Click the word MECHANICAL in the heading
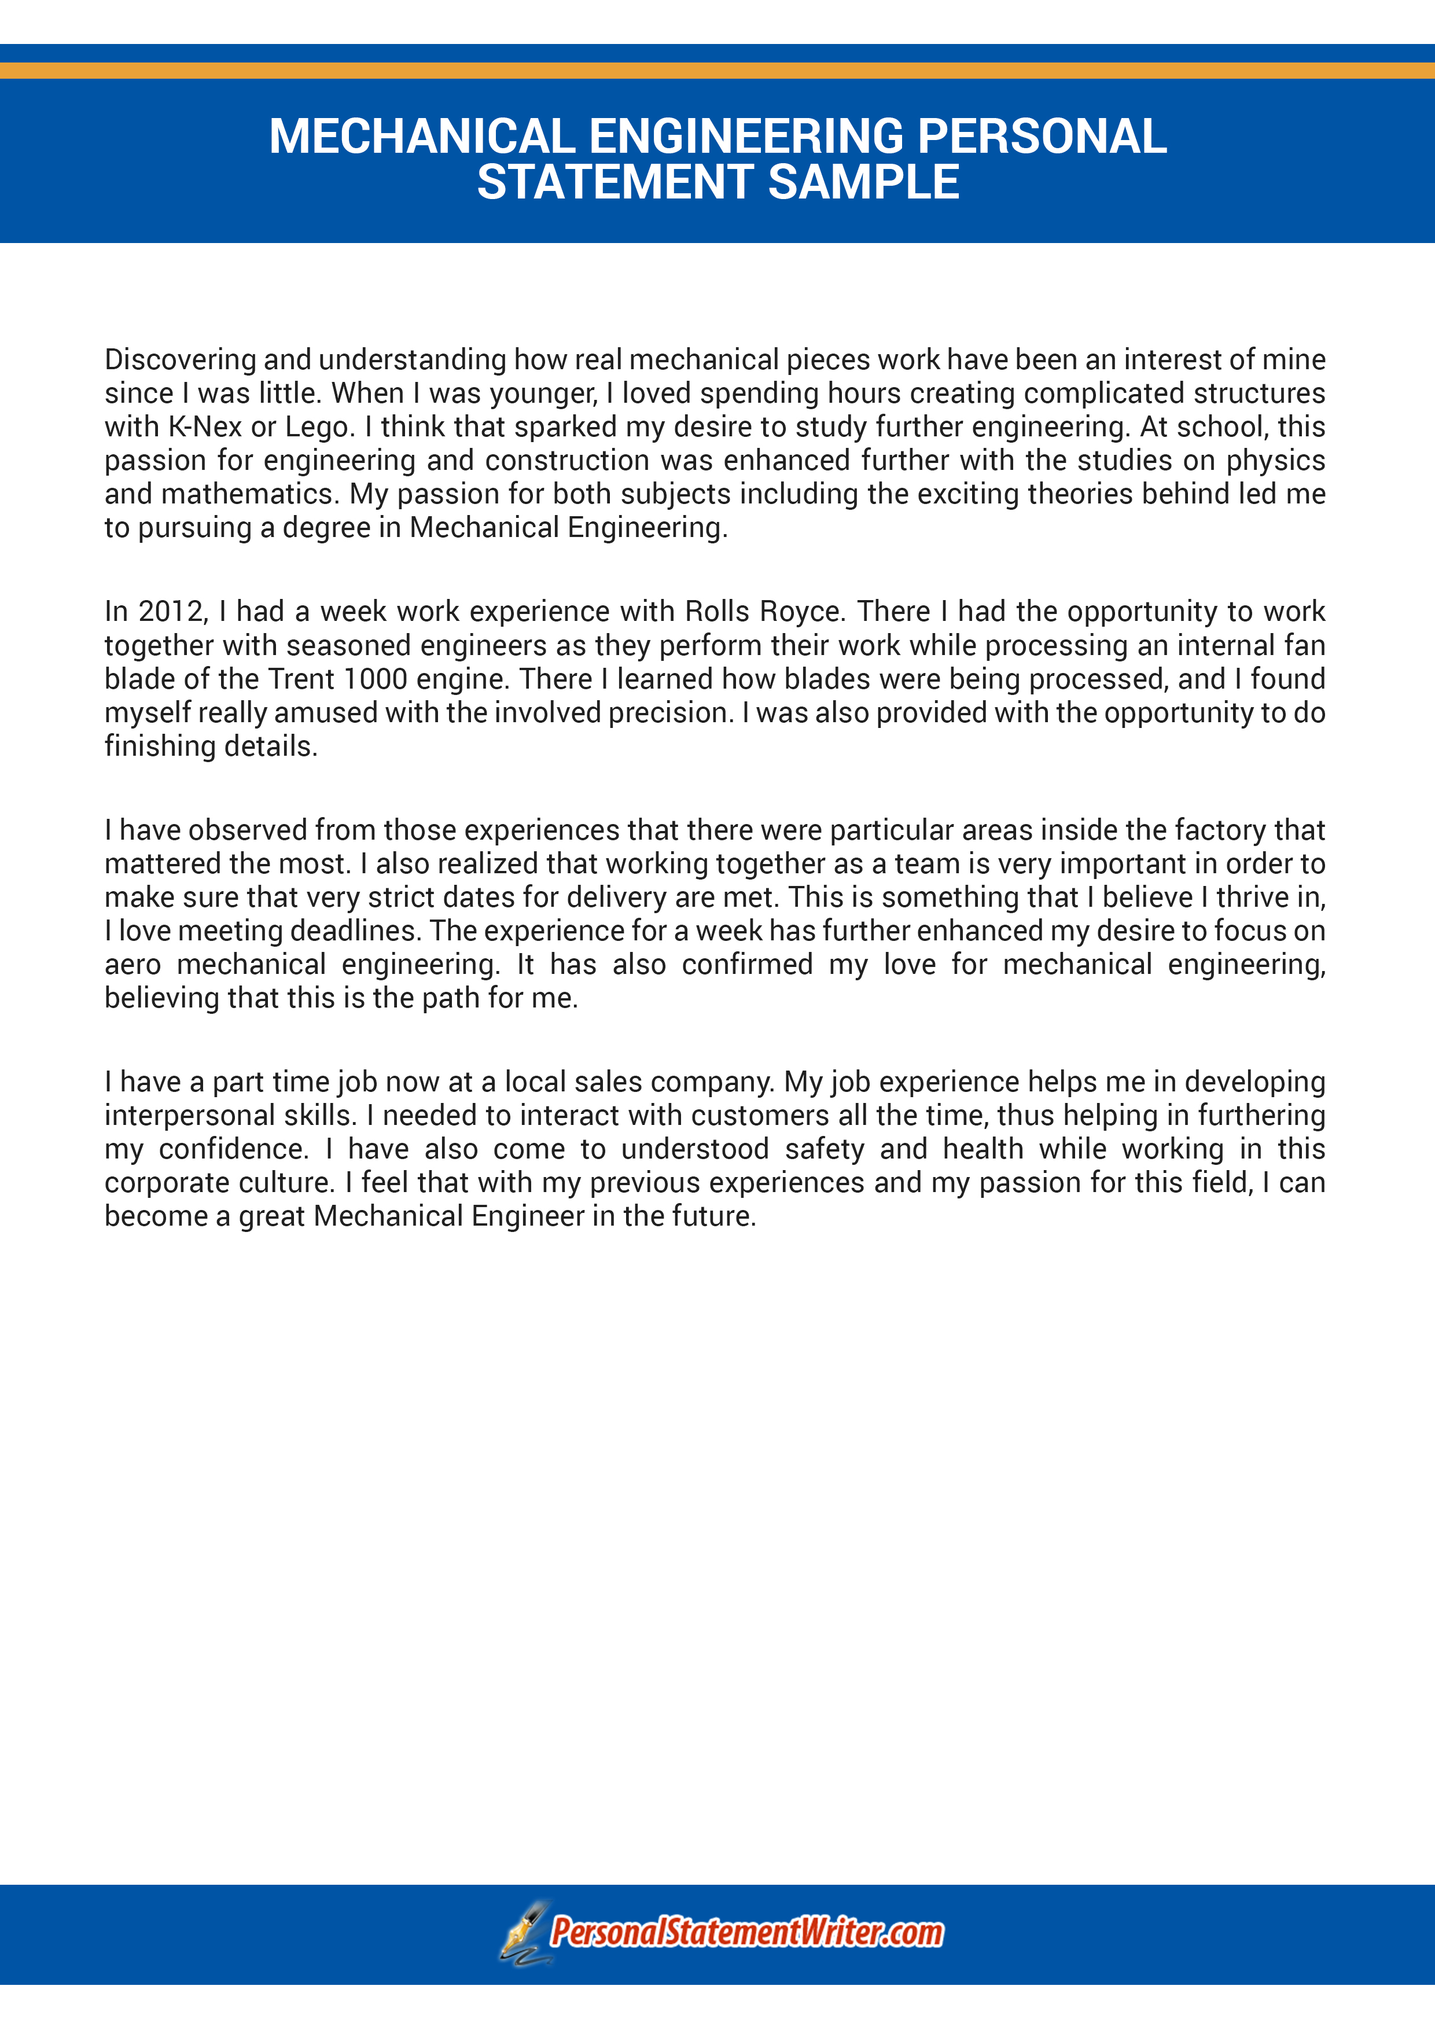pyautogui.click(x=422, y=137)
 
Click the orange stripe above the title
pyautogui.click(x=717, y=71)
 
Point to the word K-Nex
pyautogui.click(x=204, y=427)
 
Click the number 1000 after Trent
pyautogui.click(x=375, y=679)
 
